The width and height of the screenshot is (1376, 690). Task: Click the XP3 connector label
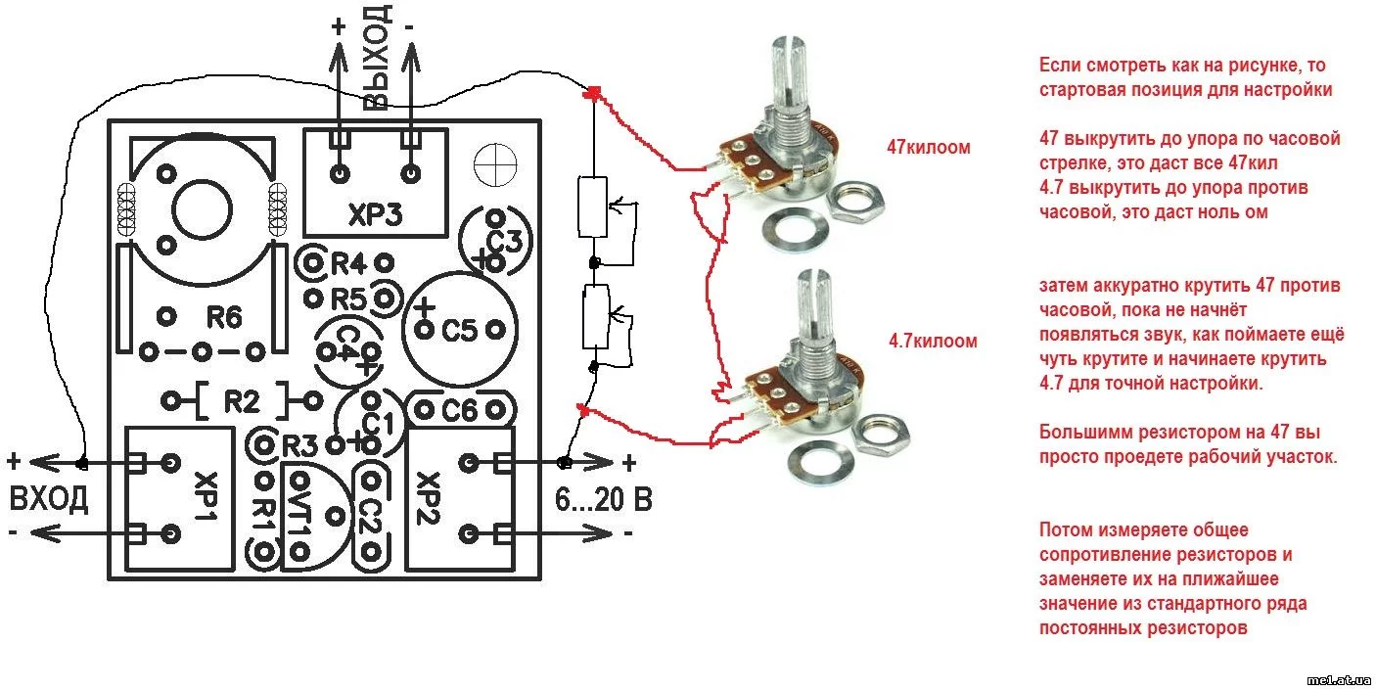pyautogui.click(x=376, y=214)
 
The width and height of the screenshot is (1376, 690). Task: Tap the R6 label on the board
pyautogui.click(x=223, y=317)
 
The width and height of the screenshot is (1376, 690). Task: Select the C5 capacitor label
pyautogui.click(x=459, y=331)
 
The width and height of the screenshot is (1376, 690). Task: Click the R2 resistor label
pyautogui.click(x=242, y=402)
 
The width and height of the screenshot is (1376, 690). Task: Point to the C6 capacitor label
pyautogui.click(x=459, y=410)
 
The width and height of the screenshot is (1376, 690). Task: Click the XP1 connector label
pyautogui.click(x=206, y=496)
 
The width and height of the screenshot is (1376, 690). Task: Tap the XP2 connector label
pyautogui.click(x=428, y=498)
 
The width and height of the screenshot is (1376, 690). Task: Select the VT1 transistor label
pyautogui.click(x=300, y=514)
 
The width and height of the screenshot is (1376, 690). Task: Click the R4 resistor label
pyautogui.click(x=348, y=263)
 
